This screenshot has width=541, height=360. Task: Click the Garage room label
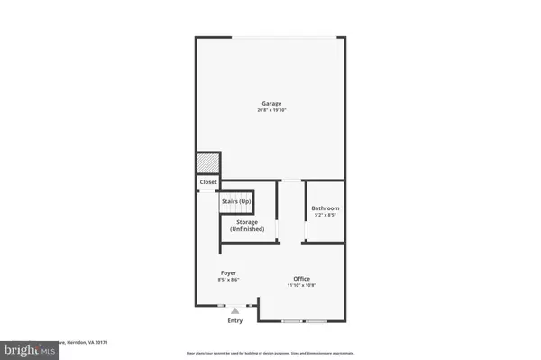(271, 103)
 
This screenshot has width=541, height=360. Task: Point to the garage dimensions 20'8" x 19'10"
(271, 110)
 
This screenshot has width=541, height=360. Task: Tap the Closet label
(208, 181)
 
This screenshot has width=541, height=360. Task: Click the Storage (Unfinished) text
(247, 226)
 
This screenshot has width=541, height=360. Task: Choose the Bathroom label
(325, 208)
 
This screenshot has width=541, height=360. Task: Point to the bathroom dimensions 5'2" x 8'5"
(325, 216)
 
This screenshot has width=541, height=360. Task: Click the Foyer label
(229, 272)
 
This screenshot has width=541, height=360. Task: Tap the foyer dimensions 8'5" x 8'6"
(229, 280)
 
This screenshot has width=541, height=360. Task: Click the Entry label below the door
(235, 321)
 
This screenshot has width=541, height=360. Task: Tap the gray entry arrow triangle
(235, 309)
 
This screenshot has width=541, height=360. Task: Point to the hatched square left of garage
(208, 162)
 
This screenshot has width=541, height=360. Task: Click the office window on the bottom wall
(303, 320)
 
